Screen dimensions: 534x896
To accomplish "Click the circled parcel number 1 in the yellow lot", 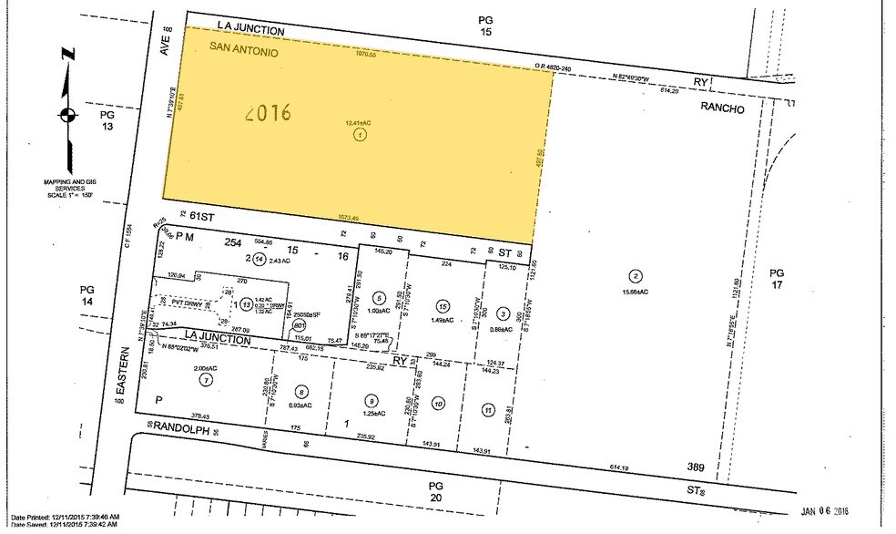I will pos(361,135).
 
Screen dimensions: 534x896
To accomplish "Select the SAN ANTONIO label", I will pos(244,49).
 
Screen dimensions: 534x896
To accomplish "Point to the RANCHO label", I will pos(723,108).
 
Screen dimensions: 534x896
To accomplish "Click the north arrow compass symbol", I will pos(65,115).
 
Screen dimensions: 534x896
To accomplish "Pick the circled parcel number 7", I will pos(208,379).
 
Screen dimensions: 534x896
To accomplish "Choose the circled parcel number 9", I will pos(371,399).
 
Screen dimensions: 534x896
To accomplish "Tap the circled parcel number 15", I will pos(443,306).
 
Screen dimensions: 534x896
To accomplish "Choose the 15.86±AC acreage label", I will pos(635,292).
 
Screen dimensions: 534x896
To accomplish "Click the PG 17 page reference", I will pos(776,281).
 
